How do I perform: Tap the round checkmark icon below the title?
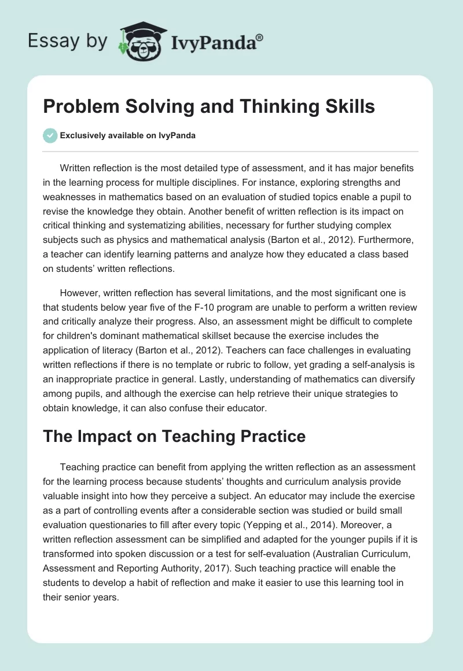tap(50, 135)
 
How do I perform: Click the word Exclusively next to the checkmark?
tap(82, 136)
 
